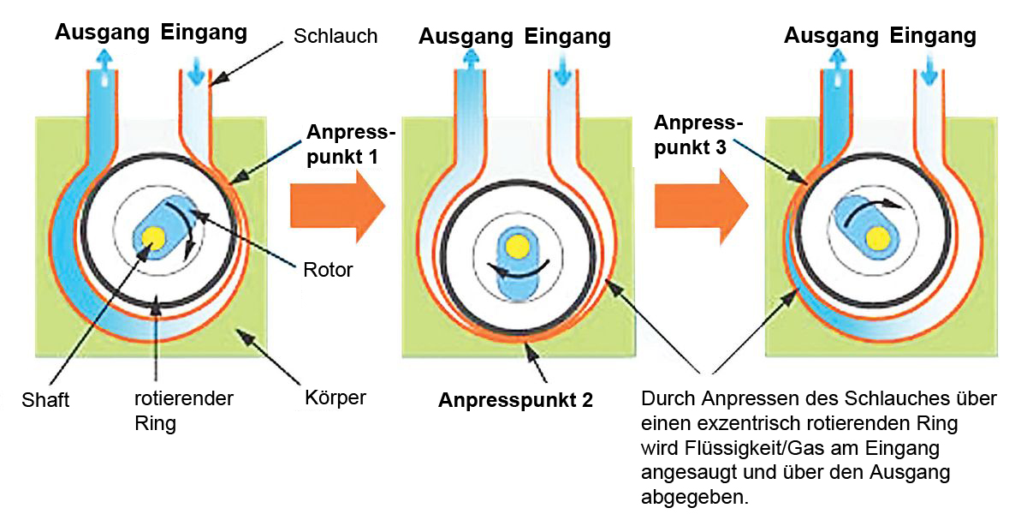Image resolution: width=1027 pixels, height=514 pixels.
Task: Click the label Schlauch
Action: (335, 36)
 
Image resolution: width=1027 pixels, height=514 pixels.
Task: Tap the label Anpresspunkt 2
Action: (515, 399)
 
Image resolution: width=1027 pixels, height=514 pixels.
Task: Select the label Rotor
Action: (328, 270)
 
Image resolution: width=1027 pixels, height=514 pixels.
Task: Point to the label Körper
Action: (335, 398)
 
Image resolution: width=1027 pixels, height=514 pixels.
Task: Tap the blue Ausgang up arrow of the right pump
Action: (835, 62)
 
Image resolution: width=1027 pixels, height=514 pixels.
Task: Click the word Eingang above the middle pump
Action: (567, 37)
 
